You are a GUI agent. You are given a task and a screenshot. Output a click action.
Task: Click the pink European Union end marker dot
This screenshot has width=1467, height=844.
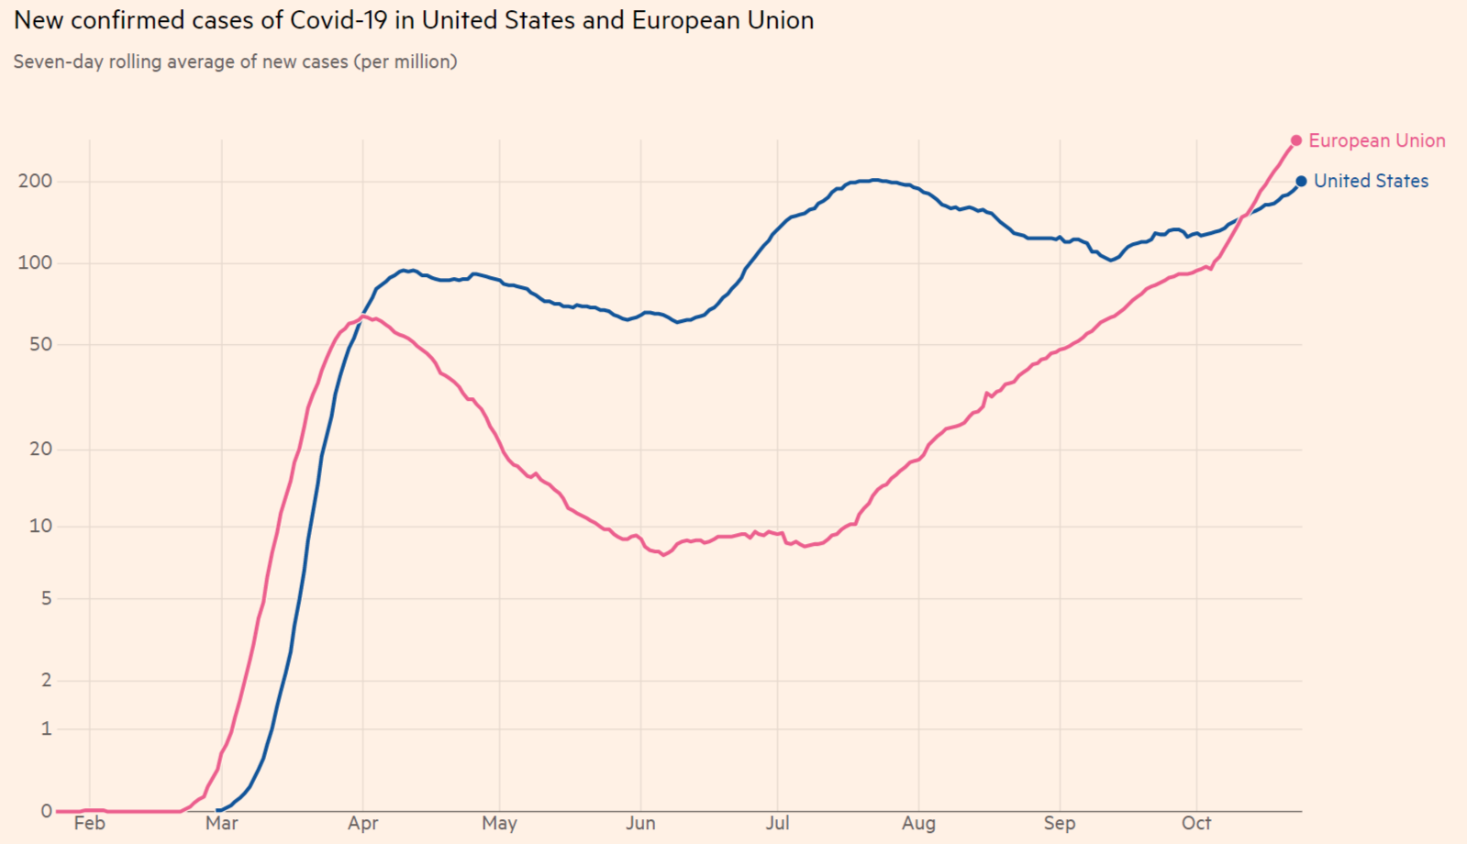pyautogui.click(x=1295, y=140)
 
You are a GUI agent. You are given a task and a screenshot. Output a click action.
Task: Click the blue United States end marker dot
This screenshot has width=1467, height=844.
pyautogui.click(x=1301, y=182)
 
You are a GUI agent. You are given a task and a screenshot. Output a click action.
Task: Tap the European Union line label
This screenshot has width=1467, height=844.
pyautogui.click(x=1376, y=140)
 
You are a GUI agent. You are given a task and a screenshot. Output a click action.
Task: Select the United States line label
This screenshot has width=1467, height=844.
pyautogui.click(x=1371, y=182)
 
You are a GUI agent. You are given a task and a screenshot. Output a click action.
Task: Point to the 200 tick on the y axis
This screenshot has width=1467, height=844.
pyautogui.click(x=35, y=181)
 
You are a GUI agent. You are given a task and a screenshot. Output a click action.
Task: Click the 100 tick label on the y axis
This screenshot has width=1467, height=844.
pyautogui.click(x=35, y=262)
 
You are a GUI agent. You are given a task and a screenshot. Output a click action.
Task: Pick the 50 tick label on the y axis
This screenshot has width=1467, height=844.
pyautogui.click(x=40, y=344)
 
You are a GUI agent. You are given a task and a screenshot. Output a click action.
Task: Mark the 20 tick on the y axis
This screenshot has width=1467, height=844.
pyautogui.click(x=40, y=449)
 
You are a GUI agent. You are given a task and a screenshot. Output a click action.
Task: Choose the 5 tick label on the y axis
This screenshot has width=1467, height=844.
pyautogui.click(x=46, y=598)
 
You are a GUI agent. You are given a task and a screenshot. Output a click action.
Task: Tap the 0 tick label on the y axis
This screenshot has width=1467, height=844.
pyautogui.click(x=46, y=811)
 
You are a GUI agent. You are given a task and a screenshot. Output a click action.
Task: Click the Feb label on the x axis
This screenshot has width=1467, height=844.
pyautogui.click(x=89, y=823)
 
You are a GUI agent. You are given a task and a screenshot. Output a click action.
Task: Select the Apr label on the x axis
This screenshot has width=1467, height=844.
pyautogui.click(x=362, y=823)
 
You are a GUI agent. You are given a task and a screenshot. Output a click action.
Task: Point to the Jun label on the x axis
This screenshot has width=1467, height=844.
pyautogui.click(x=640, y=823)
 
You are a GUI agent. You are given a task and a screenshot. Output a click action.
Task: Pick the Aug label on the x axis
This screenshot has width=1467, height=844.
pyautogui.click(x=918, y=823)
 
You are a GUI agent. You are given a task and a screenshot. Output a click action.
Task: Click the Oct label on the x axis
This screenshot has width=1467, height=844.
pyautogui.click(x=1196, y=823)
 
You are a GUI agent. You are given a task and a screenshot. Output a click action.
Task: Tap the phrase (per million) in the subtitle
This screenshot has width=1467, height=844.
pyautogui.click(x=406, y=61)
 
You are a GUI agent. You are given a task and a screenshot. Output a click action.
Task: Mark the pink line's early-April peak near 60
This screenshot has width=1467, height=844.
pyautogui.click(x=364, y=316)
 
